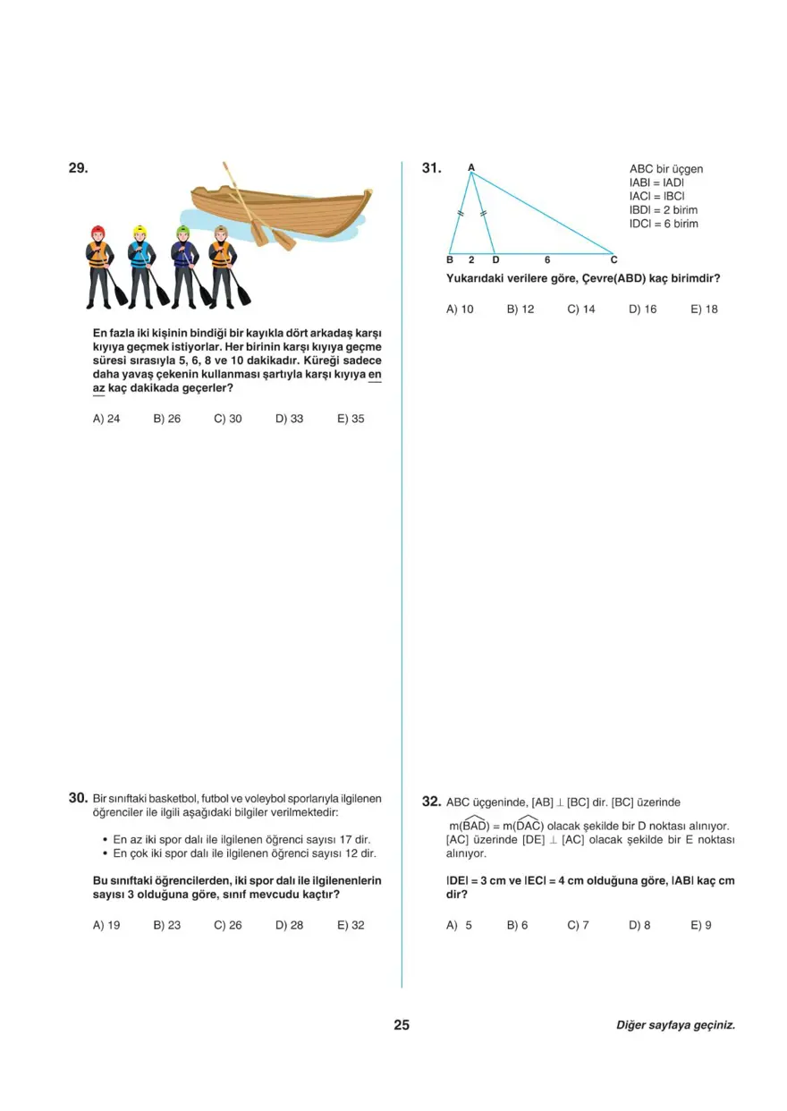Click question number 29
pos(78,168)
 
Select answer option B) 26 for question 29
pos(166,419)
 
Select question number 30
pos(78,798)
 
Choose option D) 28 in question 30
pos(289,926)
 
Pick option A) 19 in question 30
pos(106,926)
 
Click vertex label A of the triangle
pos(471,166)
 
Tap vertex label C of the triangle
pos(614,260)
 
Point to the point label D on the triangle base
pos(495,260)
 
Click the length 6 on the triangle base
pos(546,260)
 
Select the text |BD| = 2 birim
pos(664,210)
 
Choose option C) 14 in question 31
pos(581,310)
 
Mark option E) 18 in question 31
pos(704,310)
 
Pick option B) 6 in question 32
pos(518,926)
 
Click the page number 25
pos(402,1025)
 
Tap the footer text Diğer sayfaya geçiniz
pos(675,1026)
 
